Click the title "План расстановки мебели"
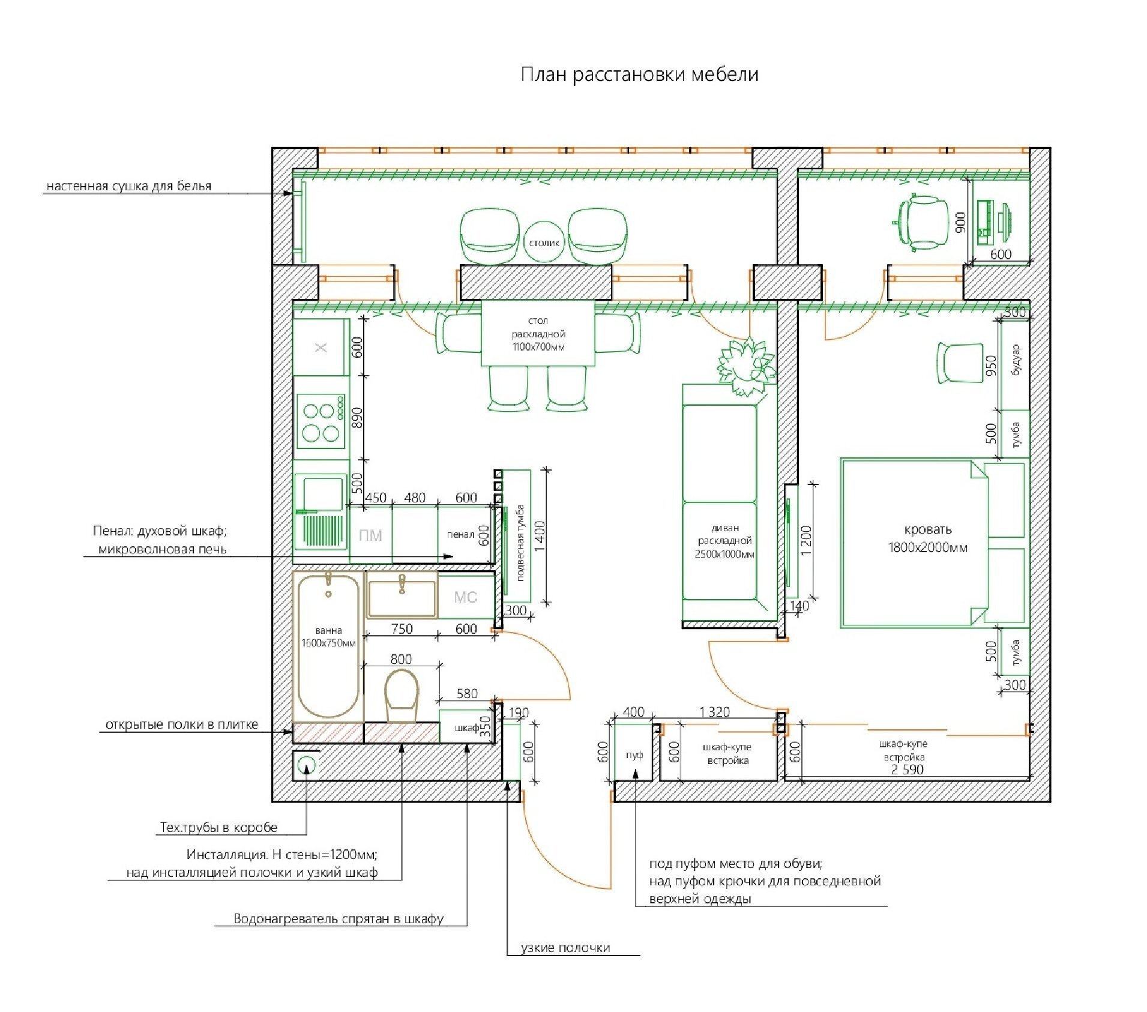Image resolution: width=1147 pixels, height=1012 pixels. (x=639, y=74)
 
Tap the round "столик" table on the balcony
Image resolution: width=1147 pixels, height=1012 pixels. (x=544, y=242)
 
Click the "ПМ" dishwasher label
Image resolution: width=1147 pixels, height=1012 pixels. (x=370, y=535)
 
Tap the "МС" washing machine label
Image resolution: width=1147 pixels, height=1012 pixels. (x=465, y=597)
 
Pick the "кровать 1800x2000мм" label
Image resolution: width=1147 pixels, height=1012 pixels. (x=928, y=538)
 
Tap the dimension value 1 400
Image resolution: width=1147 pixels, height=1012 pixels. (x=540, y=536)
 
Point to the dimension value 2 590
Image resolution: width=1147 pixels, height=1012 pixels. (x=907, y=770)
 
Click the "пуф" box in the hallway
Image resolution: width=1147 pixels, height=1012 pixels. (x=634, y=754)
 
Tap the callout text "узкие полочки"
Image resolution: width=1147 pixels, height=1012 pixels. (x=565, y=948)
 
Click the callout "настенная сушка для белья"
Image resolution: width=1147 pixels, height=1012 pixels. (x=129, y=186)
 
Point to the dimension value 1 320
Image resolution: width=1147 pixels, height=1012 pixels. (x=714, y=712)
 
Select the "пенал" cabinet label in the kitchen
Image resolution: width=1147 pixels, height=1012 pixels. (x=460, y=534)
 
